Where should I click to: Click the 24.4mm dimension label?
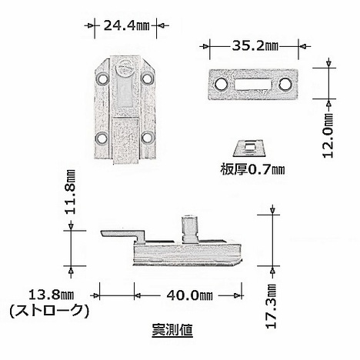pyautogui.click(x=126, y=25)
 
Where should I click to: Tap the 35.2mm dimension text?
pyautogui.click(x=255, y=46)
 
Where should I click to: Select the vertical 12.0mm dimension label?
pyautogui.click(x=328, y=135)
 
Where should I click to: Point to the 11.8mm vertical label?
pyautogui.click(x=70, y=192)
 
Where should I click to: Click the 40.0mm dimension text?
pyautogui.click(x=190, y=295)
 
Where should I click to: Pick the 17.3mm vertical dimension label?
pyautogui.click(x=272, y=306)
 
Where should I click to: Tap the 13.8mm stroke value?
pyautogui.click(x=51, y=295)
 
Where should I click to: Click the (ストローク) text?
pyautogui.click(x=49, y=311)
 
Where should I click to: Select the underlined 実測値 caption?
pyautogui.click(x=172, y=330)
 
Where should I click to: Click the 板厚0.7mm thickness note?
pyautogui.click(x=252, y=169)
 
